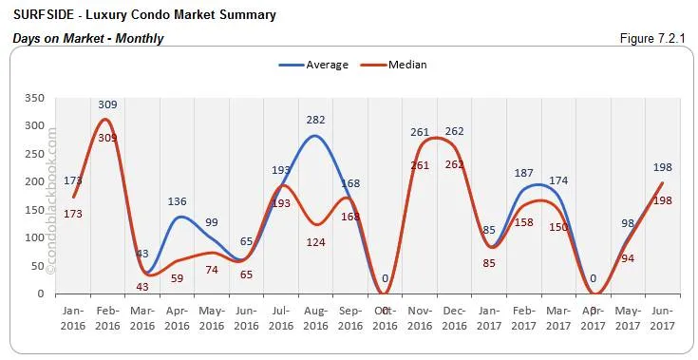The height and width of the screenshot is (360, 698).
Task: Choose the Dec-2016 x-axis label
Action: click(x=455, y=317)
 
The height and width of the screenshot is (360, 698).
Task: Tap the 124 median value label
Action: click(x=316, y=242)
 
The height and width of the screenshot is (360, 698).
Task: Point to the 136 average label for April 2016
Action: click(x=177, y=201)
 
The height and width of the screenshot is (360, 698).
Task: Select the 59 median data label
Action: click(x=177, y=278)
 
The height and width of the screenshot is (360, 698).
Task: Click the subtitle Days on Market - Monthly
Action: click(x=88, y=38)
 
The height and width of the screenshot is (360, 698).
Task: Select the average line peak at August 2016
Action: click(x=315, y=136)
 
